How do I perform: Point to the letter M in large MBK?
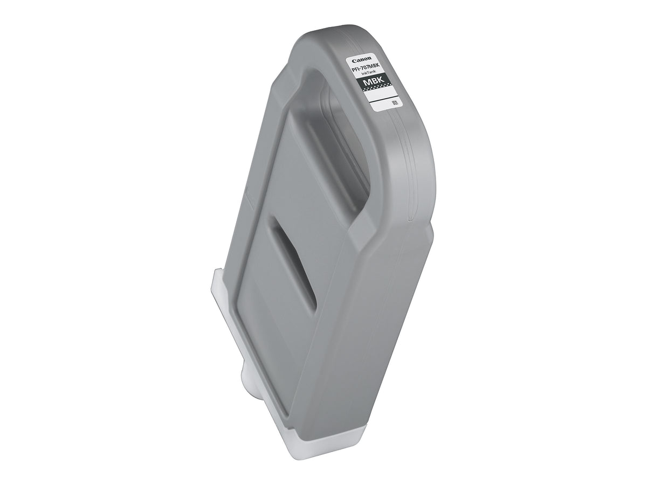[367, 82]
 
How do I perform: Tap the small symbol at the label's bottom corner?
[394, 103]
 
